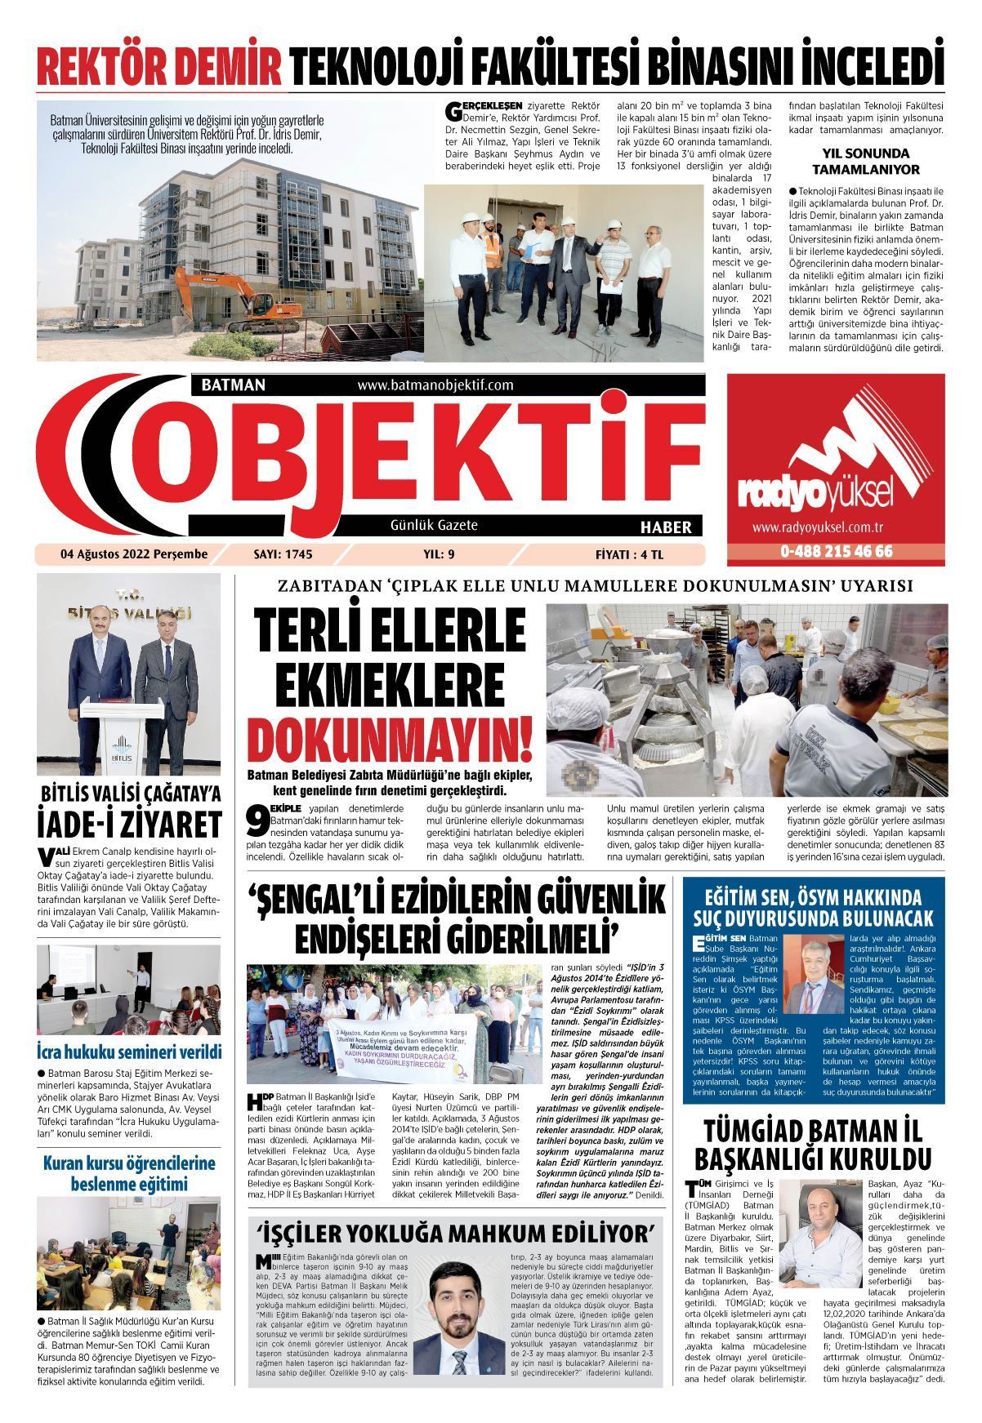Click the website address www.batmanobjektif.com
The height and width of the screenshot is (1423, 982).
[x=435, y=385]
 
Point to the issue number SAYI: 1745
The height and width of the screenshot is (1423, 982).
[x=283, y=554]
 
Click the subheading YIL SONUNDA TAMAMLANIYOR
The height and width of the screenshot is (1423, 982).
[x=865, y=162]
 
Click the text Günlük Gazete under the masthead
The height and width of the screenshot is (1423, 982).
[x=434, y=526]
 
